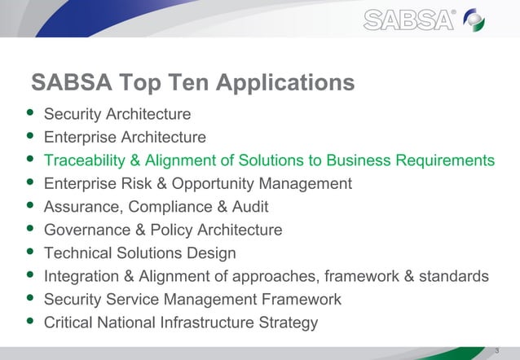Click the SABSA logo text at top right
click(408, 20)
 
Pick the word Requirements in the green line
click(441, 160)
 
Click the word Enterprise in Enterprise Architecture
click(79, 137)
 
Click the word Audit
click(249, 207)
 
